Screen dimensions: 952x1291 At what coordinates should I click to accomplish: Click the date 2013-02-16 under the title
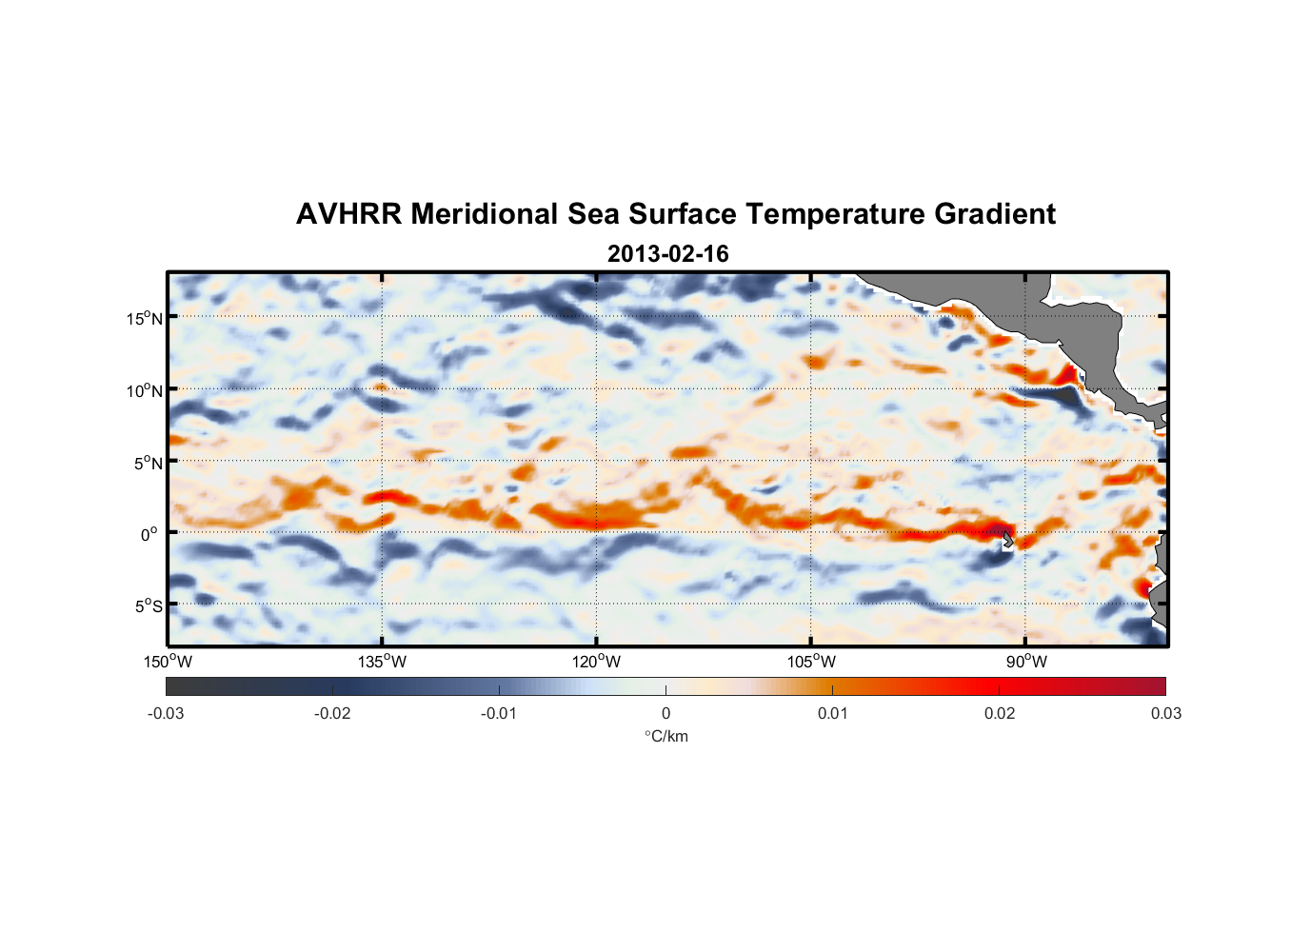click(667, 254)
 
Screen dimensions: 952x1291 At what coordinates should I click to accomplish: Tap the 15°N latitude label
click(145, 318)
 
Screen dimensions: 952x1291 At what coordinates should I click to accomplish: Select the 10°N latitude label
click(145, 390)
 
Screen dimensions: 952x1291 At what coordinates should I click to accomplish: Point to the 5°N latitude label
click(148, 463)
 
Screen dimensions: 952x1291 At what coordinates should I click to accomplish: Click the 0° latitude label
click(149, 534)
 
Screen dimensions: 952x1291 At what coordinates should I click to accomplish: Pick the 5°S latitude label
click(148, 605)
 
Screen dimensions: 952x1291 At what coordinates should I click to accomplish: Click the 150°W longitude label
click(168, 662)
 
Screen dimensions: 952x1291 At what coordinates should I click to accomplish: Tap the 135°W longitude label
click(382, 662)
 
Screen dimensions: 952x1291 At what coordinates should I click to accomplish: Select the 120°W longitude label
click(596, 662)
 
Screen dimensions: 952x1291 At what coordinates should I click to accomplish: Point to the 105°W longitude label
click(811, 662)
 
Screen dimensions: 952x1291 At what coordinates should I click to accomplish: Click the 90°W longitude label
click(1026, 662)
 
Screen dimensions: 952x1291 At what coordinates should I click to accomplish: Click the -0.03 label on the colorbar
click(166, 713)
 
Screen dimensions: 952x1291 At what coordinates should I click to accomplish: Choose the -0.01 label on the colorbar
click(499, 713)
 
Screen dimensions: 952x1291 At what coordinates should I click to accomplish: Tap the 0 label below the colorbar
click(665, 713)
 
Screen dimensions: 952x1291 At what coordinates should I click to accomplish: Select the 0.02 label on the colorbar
click(1000, 713)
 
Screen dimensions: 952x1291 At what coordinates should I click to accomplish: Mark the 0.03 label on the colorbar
click(1165, 713)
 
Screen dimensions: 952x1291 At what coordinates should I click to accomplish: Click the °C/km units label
click(665, 736)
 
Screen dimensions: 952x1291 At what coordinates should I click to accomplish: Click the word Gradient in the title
click(995, 214)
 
